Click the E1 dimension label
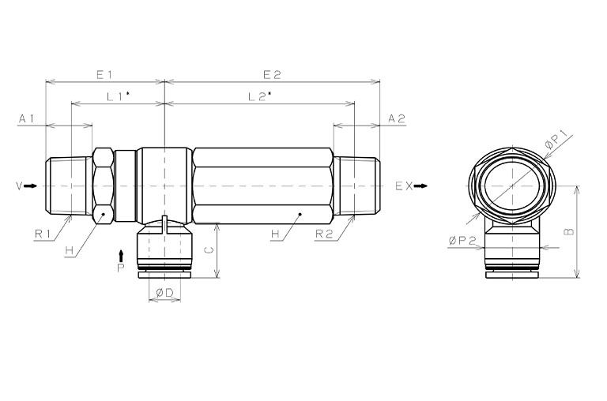pos(104,75)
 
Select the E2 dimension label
pos(272,75)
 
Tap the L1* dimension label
pos(118,96)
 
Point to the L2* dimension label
pos(260,96)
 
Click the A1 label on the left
pos(27,118)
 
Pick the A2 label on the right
pos(397,118)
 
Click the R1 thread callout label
pos(43,234)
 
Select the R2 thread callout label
pos(324,234)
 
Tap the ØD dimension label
pos(164,293)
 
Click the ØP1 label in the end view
pos(556,140)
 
